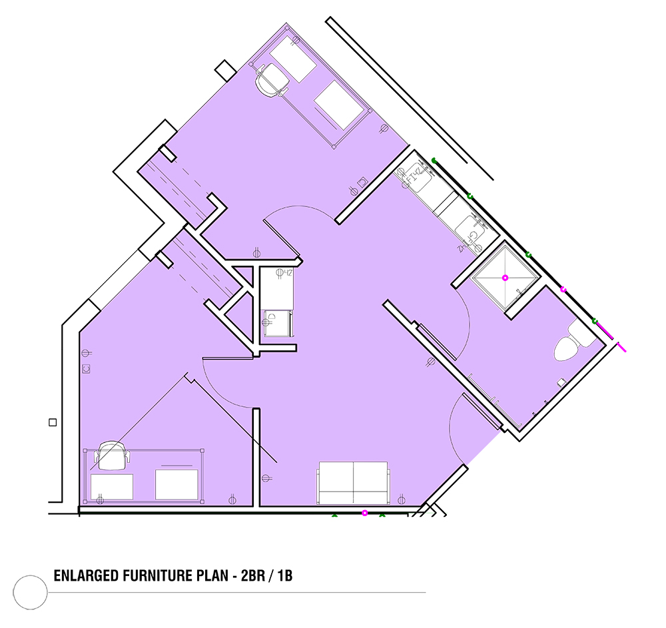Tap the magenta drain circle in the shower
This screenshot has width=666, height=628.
(505, 278)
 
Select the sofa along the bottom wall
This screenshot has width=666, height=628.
(353, 483)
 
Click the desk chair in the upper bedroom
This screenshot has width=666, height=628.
(273, 80)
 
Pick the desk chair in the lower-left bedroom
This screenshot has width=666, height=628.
(112, 455)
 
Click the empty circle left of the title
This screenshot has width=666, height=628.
(30, 592)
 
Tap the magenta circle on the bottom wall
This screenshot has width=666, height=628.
(364, 513)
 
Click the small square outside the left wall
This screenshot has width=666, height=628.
(53, 422)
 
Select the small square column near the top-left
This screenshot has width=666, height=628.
(225, 69)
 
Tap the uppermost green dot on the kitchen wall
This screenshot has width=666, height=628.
(434, 160)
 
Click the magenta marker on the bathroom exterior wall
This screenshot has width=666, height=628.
(563, 290)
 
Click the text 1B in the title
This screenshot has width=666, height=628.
(285, 575)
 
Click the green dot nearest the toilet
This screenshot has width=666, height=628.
(595, 321)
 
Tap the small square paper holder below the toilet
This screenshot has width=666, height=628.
(561, 382)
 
